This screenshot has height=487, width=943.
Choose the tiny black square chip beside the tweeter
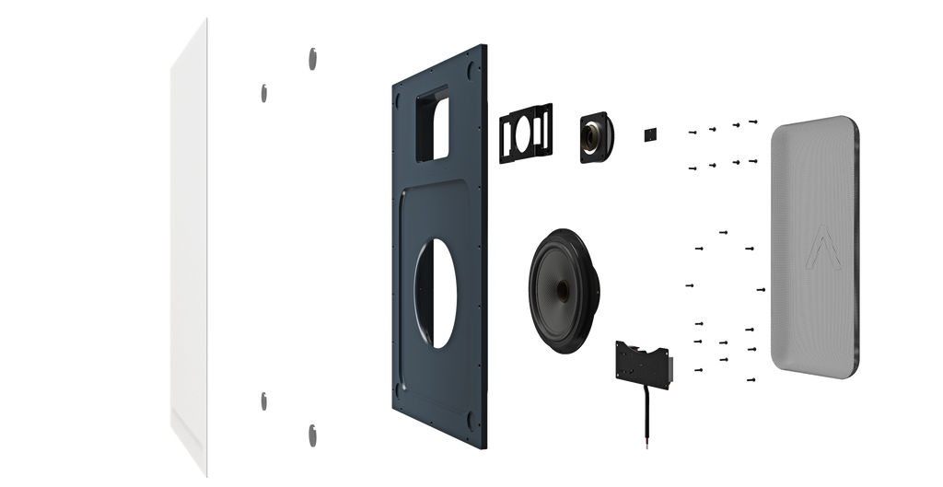click(649, 133)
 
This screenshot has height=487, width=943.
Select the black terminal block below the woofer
click(644, 361)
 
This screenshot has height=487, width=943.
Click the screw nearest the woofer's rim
click(688, 285)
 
